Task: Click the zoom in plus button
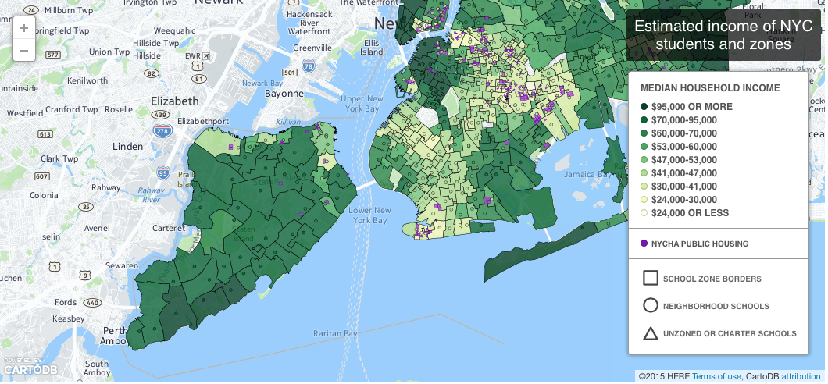24,28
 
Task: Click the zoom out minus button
24,51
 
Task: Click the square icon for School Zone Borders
650,279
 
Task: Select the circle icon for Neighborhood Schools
650,306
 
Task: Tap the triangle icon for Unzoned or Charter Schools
650,333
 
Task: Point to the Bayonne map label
283,94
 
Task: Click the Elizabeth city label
175,101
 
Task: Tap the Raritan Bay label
334,333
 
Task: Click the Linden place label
127,147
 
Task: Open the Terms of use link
716,376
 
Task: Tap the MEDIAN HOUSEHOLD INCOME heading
709,88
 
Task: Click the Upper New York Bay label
362,103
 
